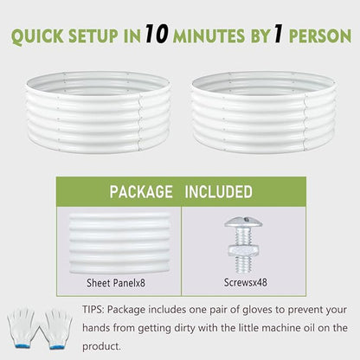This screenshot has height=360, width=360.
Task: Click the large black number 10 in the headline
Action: (x=157, y=34)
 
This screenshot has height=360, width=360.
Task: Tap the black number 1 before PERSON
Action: (x=278, y=35)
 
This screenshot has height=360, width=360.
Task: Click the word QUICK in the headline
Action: (x=37, y=36)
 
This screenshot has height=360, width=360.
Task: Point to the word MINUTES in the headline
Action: (x=209, y=36)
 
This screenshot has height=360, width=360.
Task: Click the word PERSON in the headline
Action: (x=320, y=36)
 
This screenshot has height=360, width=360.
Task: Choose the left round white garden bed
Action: (x=99, y=112)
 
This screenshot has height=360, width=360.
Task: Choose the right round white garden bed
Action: (x=263, y=112)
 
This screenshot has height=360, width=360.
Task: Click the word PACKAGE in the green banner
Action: (x=141, y=192)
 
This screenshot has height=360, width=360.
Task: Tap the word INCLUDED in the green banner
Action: (x=218, y=192)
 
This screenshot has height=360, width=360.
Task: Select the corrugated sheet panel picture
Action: (x=119, y=244)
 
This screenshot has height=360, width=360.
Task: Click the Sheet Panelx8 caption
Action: (x=116, y=283)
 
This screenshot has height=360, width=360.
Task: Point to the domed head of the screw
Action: (x=244, y=222)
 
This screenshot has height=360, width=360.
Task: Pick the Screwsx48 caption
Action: (x=246, y=282)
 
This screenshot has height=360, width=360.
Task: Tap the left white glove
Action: (x=22, y=328)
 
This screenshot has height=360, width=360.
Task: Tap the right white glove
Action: (x=56, y=328)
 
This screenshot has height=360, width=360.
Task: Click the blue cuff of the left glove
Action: (x=22, y=346)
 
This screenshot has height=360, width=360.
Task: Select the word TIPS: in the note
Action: (x=93, y=310)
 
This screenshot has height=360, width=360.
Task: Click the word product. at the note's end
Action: (x=101, y=346)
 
